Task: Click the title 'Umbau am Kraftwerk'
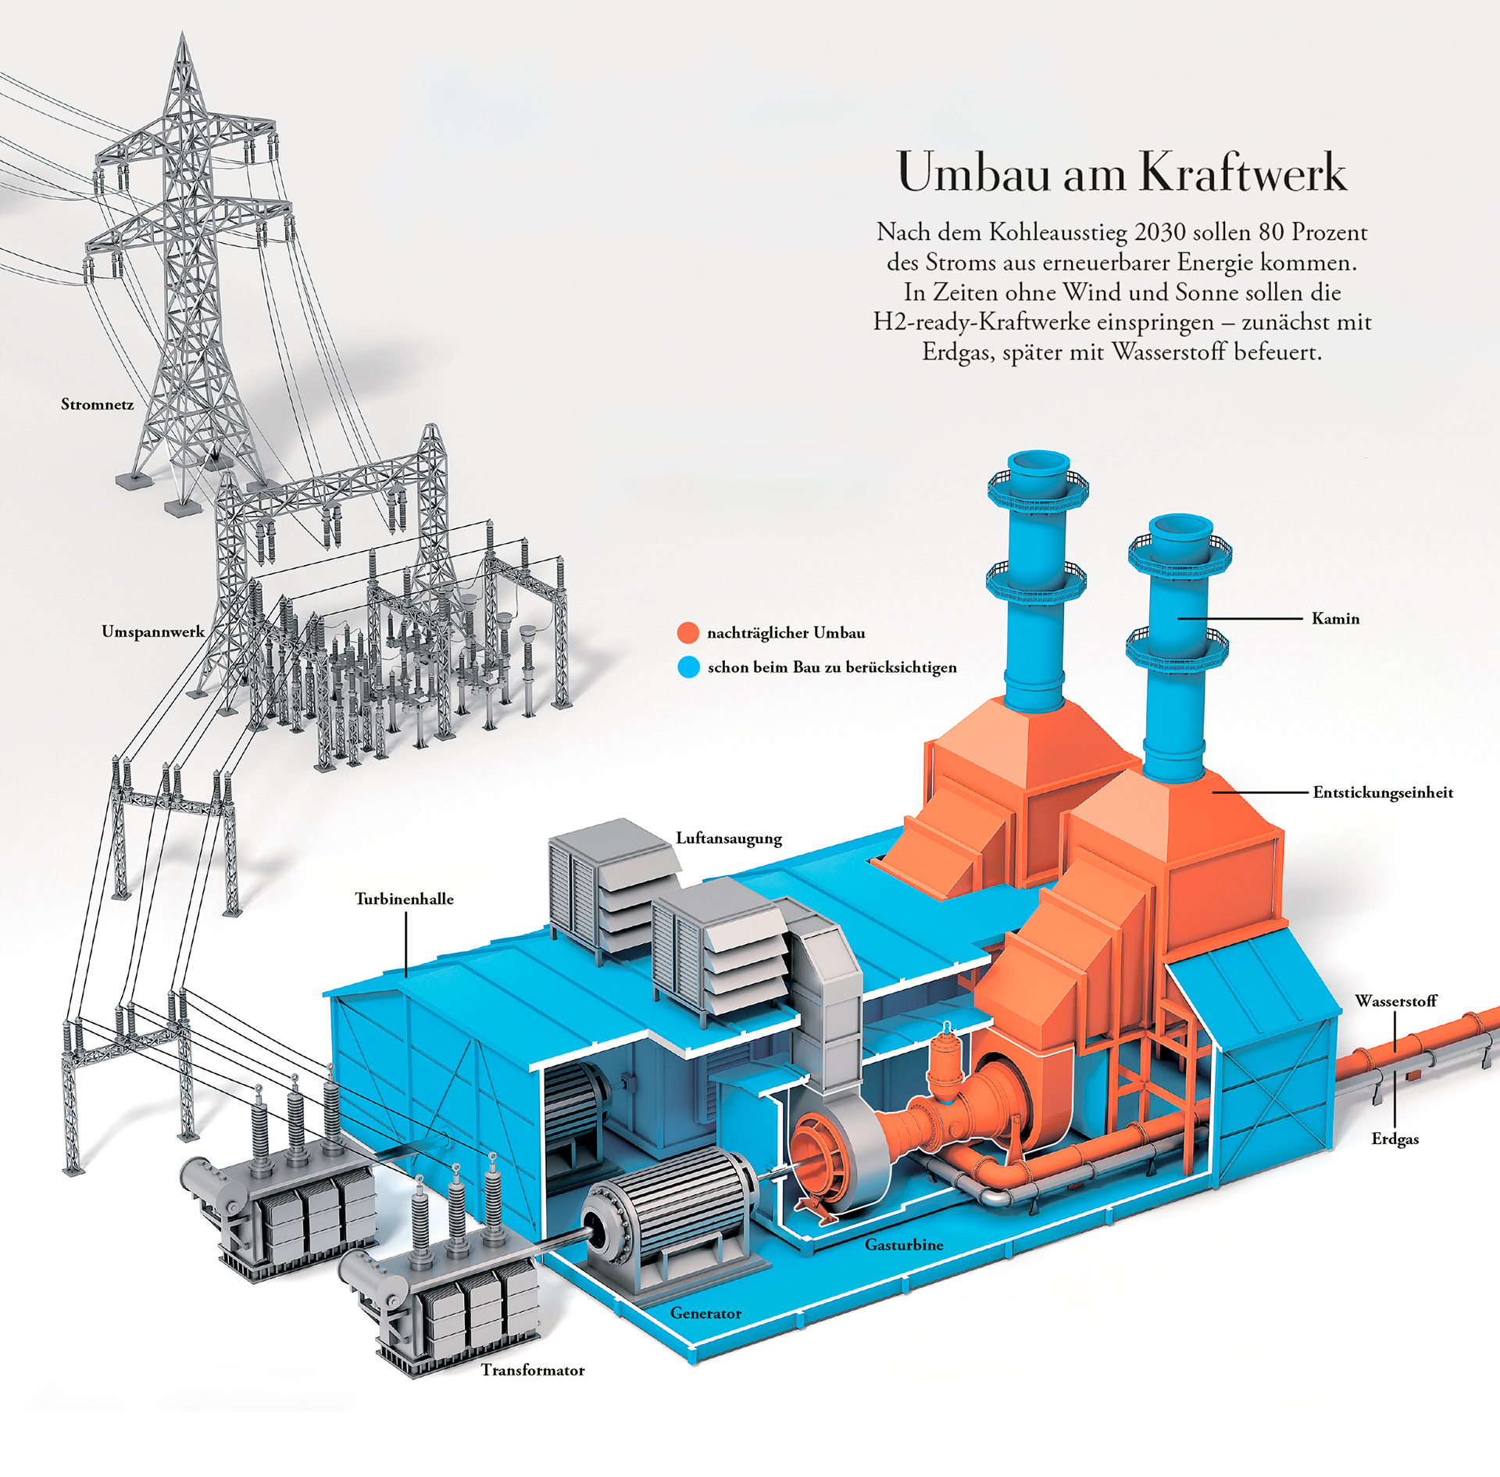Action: pos(1122,172)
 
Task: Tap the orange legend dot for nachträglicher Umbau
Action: pos(687,633)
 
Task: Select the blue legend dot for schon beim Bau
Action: pos(688,667)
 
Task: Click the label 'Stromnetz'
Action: pos(97,405)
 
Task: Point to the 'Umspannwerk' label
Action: pos(153,631)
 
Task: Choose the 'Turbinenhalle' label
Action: pos(404,899)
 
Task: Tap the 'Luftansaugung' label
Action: pos(729,838)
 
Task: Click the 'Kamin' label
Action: pos(1335,619)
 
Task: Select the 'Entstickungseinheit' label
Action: pos(1383,792)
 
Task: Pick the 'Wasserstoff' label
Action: pos(1396,1001)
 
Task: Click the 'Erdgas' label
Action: pos(1395,1139)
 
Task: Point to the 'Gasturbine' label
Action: pos(904,1245)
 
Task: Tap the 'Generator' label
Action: pos(705,1313)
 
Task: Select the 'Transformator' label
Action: pos(533,1370)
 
